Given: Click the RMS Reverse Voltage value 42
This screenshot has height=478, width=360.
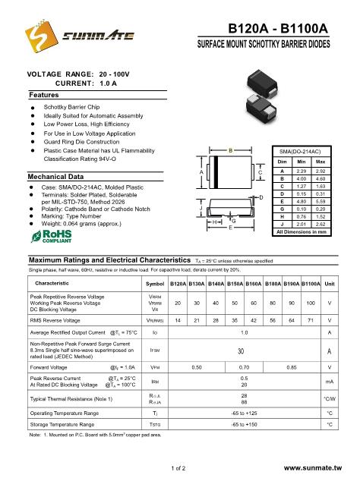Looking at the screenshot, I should click(235, 321).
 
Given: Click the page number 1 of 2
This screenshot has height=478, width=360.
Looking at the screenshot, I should click(180, 468).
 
